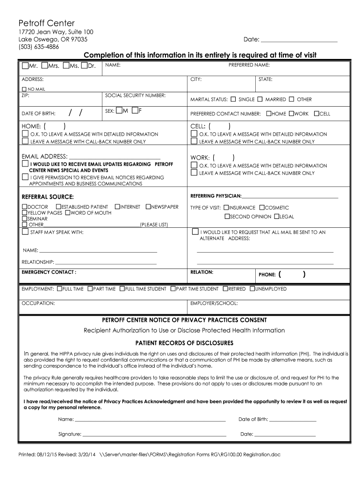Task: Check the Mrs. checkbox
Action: (44, 65)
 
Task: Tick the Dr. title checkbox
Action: (84, 65)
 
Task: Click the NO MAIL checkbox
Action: (24, 89)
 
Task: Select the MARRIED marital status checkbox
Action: (261, 99)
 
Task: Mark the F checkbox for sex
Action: (135, 111)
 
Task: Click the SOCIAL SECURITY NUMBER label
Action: (135, 95)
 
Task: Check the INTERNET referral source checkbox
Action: (117, 206)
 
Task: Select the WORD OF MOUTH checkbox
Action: (67, 213)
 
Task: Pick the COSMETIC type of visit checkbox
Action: (262, 207)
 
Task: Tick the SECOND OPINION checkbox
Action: (227, 216)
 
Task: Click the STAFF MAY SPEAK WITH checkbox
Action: (25, 232)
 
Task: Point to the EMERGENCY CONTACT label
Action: (49, 272)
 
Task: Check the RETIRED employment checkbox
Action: (225, 289)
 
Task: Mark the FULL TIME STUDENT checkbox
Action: (122, 289)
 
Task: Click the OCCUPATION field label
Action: (38, 303)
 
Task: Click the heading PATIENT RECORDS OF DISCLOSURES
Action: (184, 342)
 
